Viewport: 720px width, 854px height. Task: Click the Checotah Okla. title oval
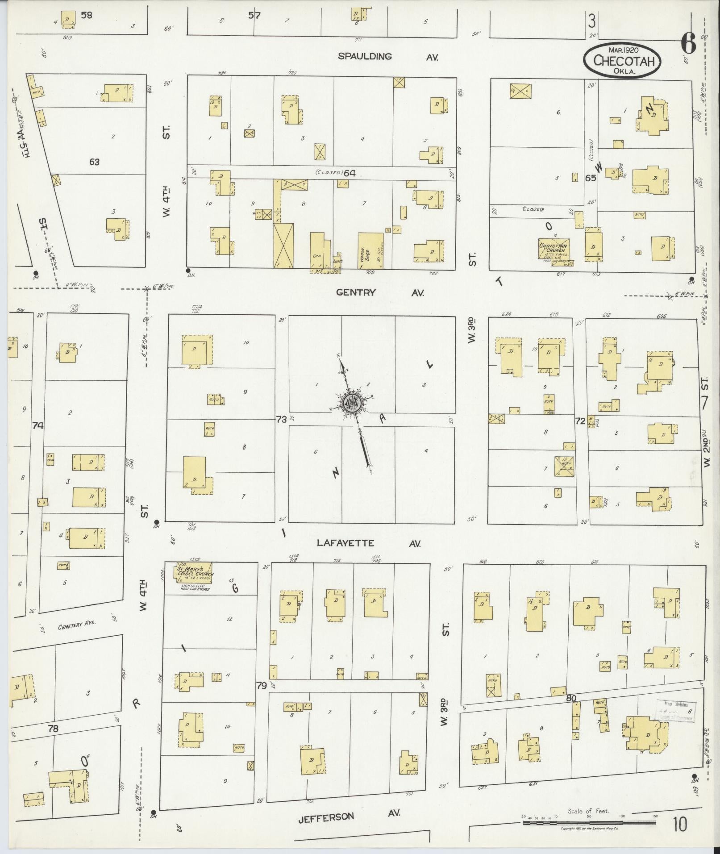pos(621,60)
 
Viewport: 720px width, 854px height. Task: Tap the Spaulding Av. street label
pos(387,57)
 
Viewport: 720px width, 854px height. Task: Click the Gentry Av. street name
pos(379,293)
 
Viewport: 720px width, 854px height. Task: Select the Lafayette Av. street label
pos(369,543)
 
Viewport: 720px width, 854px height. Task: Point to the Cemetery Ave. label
pos(77,627)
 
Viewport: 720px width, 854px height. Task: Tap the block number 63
pos(94,162)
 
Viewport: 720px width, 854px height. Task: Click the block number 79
pos(262,697)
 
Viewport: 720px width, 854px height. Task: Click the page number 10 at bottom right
pos(680,825)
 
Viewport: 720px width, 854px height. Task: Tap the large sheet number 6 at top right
pos(688,44)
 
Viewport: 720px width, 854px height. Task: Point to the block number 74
pos(38,426)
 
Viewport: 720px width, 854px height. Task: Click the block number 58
pos(86,15)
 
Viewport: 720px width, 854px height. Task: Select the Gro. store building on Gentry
pos(319,251)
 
